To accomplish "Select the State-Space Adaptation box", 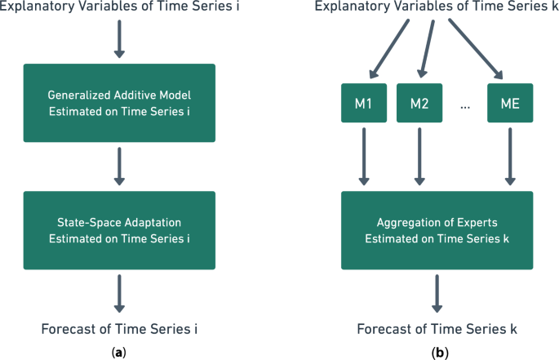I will coord(119,230).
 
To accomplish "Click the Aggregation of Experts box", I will coord(437,230).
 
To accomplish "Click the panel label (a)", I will coord(119,352).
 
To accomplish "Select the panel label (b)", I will coord(437,352).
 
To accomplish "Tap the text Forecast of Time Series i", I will coord(119,330).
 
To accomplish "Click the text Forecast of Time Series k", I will coord(437,330).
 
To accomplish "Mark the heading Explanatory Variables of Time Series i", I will coord(119,10).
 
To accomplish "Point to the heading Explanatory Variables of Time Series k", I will coord(437,10).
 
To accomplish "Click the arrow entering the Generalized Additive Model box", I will coord(119,40).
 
